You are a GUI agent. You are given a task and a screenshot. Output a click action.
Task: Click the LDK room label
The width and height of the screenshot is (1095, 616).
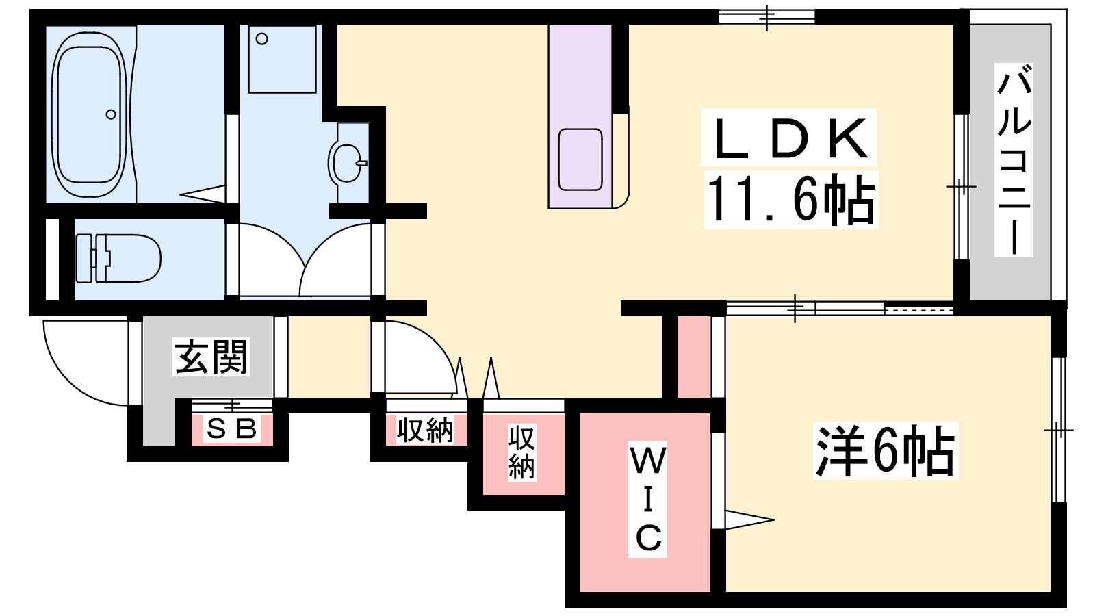(x=788, y=138)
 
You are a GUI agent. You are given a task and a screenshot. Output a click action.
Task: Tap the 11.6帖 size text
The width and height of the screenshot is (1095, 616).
(x=790, y=199)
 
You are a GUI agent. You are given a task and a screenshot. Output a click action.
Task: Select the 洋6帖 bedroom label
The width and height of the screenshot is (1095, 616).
(x=885, y=450)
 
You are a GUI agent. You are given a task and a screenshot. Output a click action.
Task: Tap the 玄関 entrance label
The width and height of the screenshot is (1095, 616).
(x=211, y=357)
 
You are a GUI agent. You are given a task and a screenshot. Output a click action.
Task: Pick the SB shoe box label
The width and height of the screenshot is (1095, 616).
(x=231, y=428)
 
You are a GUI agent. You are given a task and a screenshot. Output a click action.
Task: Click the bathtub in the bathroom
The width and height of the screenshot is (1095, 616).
(x=89, y=114)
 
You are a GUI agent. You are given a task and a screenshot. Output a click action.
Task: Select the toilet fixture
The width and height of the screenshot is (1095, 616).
(x=119, y=258)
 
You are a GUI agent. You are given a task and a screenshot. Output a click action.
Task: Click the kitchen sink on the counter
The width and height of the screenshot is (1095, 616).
(x=580, y=159)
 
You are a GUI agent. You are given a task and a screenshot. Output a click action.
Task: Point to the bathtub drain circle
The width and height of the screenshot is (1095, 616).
(x=111, y=114)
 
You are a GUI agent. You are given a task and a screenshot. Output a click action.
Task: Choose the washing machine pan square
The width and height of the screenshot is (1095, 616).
(x=282, y=59)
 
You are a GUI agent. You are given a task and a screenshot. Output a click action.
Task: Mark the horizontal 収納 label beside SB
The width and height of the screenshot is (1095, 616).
(x=425, y=430)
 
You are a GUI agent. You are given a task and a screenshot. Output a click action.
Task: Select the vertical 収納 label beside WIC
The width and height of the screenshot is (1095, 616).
(x=521, y=452)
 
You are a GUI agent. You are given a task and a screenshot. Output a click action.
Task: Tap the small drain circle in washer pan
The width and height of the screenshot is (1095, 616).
(x=262, y=38)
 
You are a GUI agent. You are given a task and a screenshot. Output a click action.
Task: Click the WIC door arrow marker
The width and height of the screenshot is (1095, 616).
(x=749, y=519)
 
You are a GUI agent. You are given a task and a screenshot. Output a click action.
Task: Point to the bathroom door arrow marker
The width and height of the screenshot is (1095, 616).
(x=203, y=194)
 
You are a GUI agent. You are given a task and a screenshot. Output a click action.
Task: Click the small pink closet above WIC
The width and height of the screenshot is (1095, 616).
(x=694, y=357)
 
